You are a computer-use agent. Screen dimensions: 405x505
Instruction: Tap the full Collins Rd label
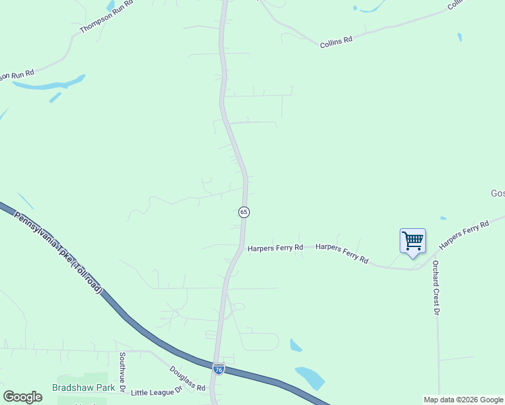(x=336, y=40)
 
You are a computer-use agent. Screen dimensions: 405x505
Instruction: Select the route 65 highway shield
(x=244, y=212)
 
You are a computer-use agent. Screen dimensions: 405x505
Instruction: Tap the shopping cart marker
(x=413, y=241)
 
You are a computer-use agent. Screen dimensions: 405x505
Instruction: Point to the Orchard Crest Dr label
(x=436, y=288)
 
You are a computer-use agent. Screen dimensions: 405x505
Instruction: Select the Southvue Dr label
(x=123, y=372)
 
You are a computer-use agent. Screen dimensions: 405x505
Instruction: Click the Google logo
(x=22, y=397)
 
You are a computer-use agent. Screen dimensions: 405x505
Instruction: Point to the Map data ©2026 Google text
(x=463, y=400)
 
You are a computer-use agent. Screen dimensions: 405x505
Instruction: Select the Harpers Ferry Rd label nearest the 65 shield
(x=275, y=248)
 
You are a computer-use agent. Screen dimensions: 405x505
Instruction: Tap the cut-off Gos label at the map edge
(x=497, y=194)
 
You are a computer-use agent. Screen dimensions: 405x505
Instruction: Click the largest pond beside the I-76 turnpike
(x=311, y=377)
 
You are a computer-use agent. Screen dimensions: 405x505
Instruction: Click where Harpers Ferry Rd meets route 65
(x=242, y=247)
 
